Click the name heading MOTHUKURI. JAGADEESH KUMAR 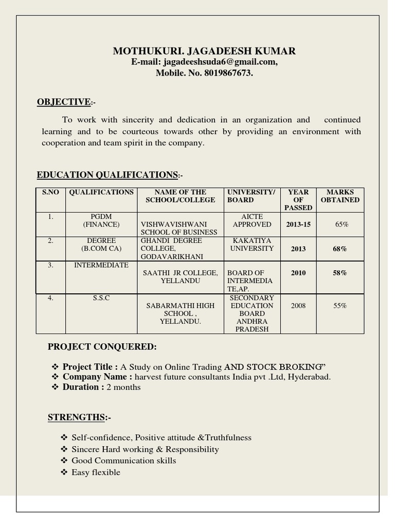pyautogui.click(x=204, y=51)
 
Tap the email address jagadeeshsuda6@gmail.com pyautogui.click(x=220, y=62)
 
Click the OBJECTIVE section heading pyautogui.click(x=64, y=102)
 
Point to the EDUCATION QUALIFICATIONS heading pyautogui.click(x=107, y=175)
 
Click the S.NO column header pyautogui.click(x=50, y=192)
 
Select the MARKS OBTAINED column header pyautogui.click(x=340, y=196)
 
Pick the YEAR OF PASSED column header pyautogui.click(x=298, y=200)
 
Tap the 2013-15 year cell pyautogui.click(x=298, y=224)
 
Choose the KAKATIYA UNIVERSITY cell pyautogui.click(x=252, y=244)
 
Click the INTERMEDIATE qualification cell pyautogui.click(x=101, y=265)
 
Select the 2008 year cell pyautogui.click(x=298, y=306)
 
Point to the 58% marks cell pyautogui.click(x=339, y=273)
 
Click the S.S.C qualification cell pyautogui.click(x=101, y=298)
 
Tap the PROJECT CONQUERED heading pyautogui.click(x=102, y=347)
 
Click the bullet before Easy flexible pyautogui.click(x=64, y=472)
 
